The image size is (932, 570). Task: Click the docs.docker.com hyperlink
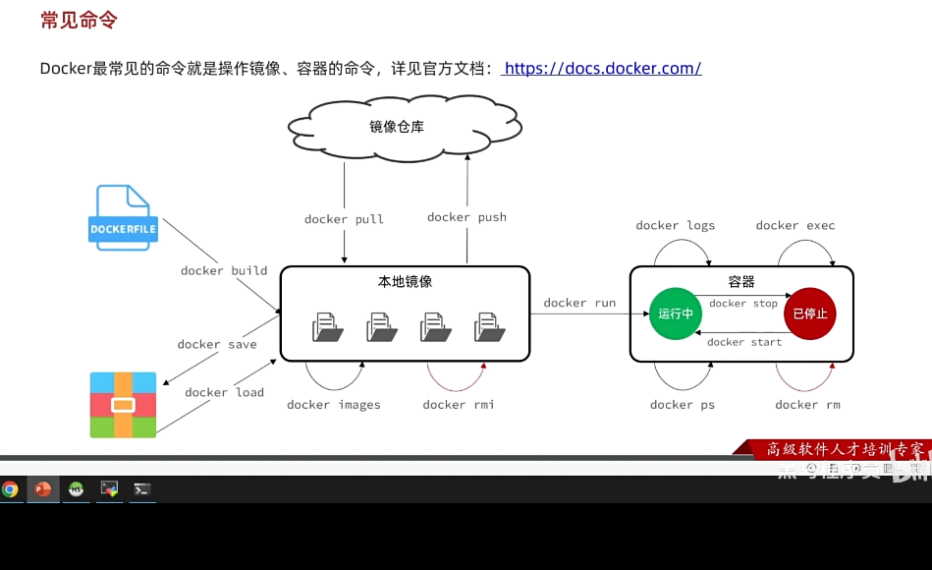602,68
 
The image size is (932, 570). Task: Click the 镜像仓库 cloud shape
399,127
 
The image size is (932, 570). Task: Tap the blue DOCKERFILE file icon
123,217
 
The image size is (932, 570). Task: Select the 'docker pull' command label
344,219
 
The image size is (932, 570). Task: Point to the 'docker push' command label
466,217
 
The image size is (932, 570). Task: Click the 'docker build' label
224,270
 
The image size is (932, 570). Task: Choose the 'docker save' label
217,344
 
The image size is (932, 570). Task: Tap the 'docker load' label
224,392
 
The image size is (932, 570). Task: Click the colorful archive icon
123,404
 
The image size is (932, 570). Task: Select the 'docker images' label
333,404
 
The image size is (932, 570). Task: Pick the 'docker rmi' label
459,404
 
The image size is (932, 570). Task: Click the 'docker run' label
579,303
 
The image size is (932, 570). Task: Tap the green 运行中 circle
676,313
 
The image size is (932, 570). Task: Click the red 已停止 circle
810,313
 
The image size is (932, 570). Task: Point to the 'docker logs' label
675,225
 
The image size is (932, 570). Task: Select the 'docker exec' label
795,225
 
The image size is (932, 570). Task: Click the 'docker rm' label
807,404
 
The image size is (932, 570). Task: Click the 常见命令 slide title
80,21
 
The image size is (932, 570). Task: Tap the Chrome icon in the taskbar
10,488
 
